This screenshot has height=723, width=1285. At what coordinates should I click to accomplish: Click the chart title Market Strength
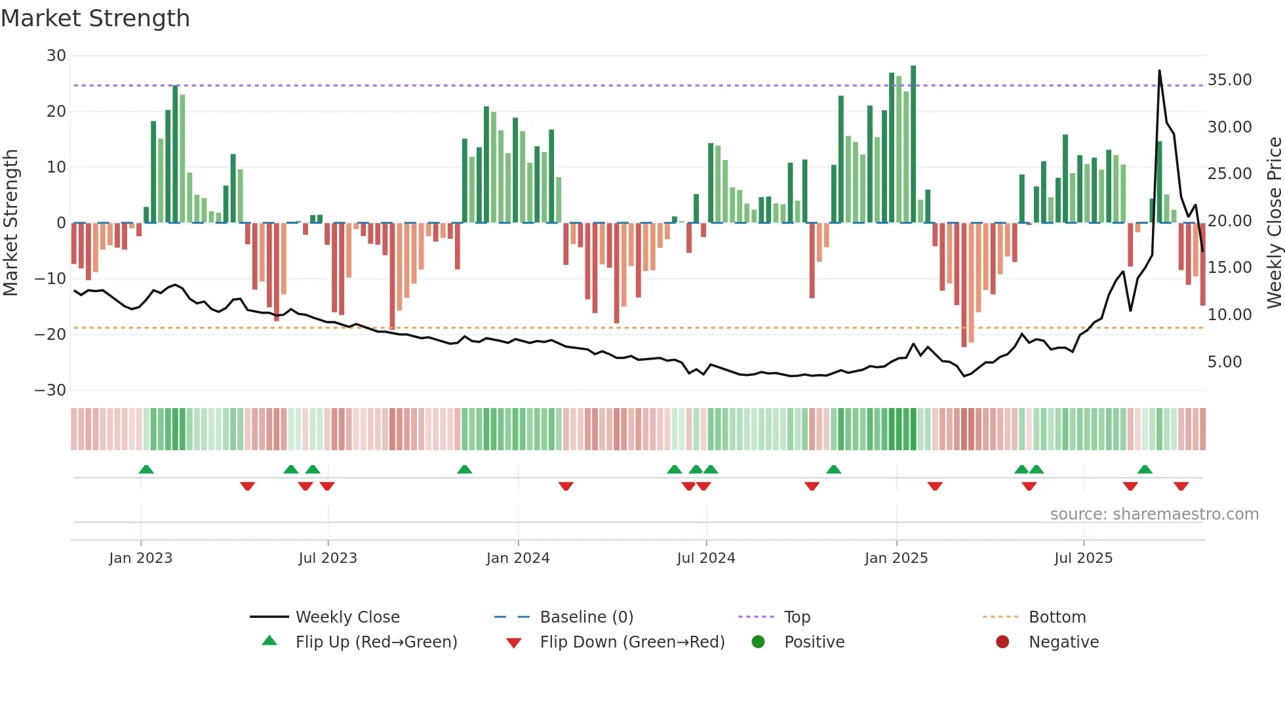(x=95, y=18)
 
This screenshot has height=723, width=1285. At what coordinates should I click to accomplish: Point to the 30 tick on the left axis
(x=56, y=56)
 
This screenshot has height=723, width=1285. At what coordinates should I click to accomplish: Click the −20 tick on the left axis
(x=50, y=335)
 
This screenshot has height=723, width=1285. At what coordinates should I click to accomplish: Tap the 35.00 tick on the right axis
(x=1229, y=80)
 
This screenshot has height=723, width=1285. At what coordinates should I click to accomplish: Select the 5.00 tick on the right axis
(x=1224, y=362)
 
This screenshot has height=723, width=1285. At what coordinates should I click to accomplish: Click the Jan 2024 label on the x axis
(x=517, y=558)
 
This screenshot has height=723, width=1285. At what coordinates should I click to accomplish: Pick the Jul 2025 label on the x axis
(x=1083, y=558)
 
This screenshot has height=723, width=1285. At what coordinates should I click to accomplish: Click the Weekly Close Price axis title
(x=1274, y=222)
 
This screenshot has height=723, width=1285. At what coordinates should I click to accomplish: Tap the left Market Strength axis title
(x=10, y=222)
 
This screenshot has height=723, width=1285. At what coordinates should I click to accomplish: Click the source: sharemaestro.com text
(x=1154, y=514)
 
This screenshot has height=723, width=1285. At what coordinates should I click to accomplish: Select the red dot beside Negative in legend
(x=1002, y=642)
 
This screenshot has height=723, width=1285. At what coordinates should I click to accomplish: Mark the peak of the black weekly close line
(x=1159, y=70)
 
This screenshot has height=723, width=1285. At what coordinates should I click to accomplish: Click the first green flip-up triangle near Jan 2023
(x=146, y=469)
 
